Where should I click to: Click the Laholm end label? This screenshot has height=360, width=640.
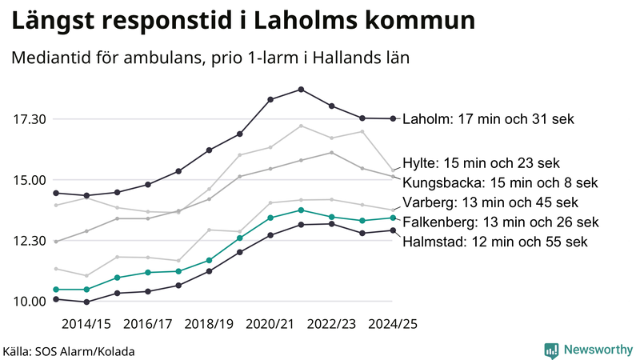pos(488,119)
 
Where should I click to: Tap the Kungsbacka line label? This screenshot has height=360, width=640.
pos(500,182)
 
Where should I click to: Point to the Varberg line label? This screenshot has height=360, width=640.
pos(490,202)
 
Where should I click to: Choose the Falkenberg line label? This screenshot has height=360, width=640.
pos(500,222)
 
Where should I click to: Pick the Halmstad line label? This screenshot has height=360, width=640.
pos(495,241)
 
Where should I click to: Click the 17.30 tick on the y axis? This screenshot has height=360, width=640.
pos(30,119)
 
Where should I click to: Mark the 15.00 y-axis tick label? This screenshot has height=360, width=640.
pos(30,180)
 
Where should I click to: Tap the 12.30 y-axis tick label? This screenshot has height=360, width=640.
pos(30,241)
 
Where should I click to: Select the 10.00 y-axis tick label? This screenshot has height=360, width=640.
pos(30,302)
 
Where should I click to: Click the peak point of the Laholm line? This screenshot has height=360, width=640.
pos(301,89)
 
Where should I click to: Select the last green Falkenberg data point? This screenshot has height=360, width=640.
pos(393,218)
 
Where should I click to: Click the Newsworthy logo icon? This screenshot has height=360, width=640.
pos(551,350)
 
